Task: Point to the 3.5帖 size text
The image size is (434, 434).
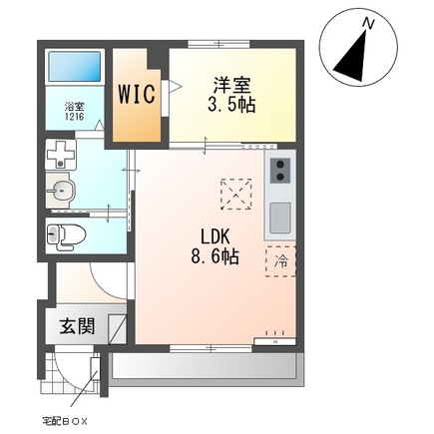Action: (x=232, y=105)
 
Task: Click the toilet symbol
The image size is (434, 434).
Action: (x=68, y=236)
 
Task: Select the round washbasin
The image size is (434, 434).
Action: (x=62, y=191)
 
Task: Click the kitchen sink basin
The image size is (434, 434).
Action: (x=280, y=216)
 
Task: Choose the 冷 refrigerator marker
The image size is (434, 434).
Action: (x=279, y=260)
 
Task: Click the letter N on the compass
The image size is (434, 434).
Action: (x=369, y=23)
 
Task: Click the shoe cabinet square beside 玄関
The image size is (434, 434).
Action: (x=117, y=327)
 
